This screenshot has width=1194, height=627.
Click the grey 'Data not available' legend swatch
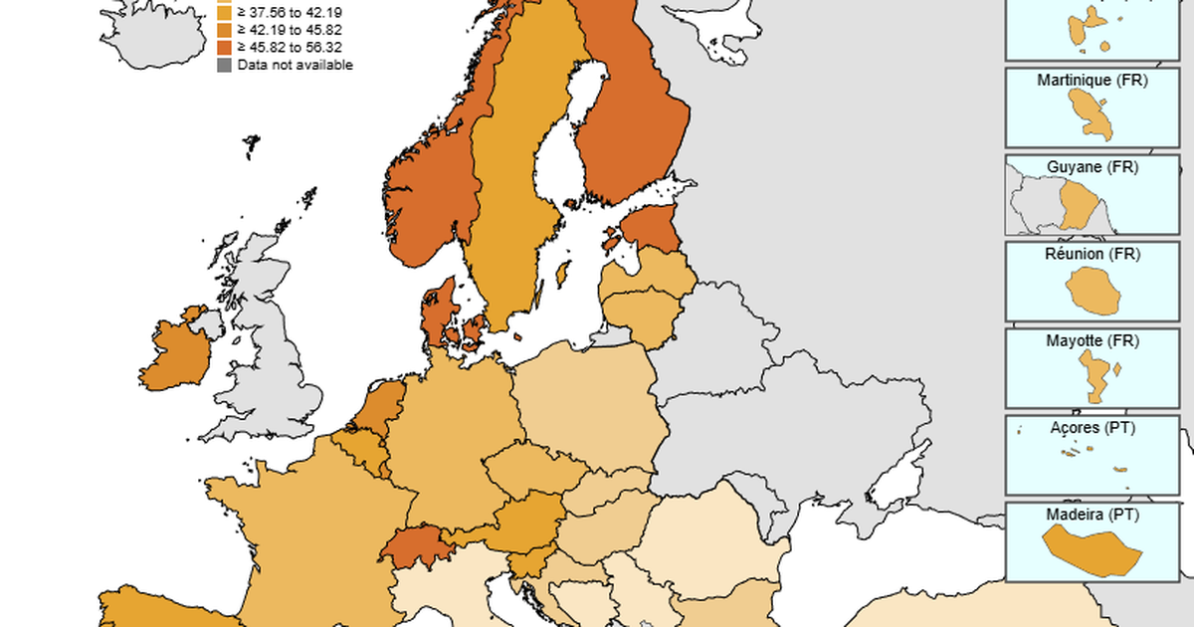pos(225,65)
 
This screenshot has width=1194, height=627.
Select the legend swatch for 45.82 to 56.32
pos(225,47)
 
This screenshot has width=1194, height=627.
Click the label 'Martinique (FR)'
pos(1092,80)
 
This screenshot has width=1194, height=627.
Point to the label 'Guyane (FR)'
pos(1092,167)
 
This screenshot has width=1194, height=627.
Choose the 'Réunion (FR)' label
pos(1092,254)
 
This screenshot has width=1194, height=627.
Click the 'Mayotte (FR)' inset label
pos(1092,340)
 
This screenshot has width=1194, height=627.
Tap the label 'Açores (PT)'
pos(1092,427)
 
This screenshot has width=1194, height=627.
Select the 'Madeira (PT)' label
pos(1092,515)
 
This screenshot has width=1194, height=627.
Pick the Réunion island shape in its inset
pos(1093,291)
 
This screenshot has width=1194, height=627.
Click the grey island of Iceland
pos(149,30)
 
